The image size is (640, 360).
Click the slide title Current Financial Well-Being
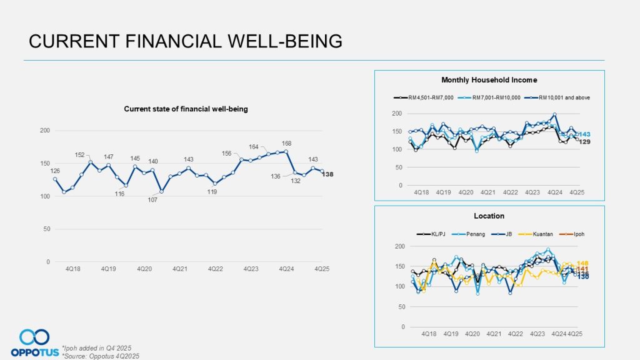click(x=186, y=41)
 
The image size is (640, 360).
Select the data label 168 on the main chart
click(x=287, y=142)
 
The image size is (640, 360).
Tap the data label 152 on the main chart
click(x=81, y=155)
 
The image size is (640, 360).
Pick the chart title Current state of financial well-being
click(x=186, y=109)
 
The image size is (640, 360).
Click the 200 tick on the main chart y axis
click(x=44, y=130)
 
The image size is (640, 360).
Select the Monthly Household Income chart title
click(x=489, y=80)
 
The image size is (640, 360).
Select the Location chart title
click(x=489, y=216)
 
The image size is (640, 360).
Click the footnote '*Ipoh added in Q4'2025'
click(x=96, y=348)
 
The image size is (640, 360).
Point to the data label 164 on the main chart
click(x=253, y=147)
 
